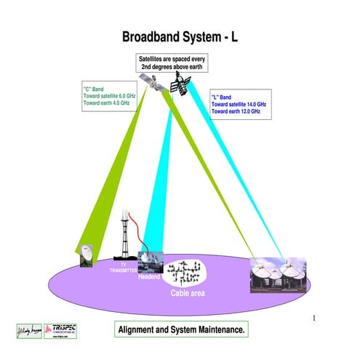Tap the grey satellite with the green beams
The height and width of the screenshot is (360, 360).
152,84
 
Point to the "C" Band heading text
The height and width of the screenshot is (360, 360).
94,89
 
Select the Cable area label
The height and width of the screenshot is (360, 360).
188,293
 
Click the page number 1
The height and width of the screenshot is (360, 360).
313,318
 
